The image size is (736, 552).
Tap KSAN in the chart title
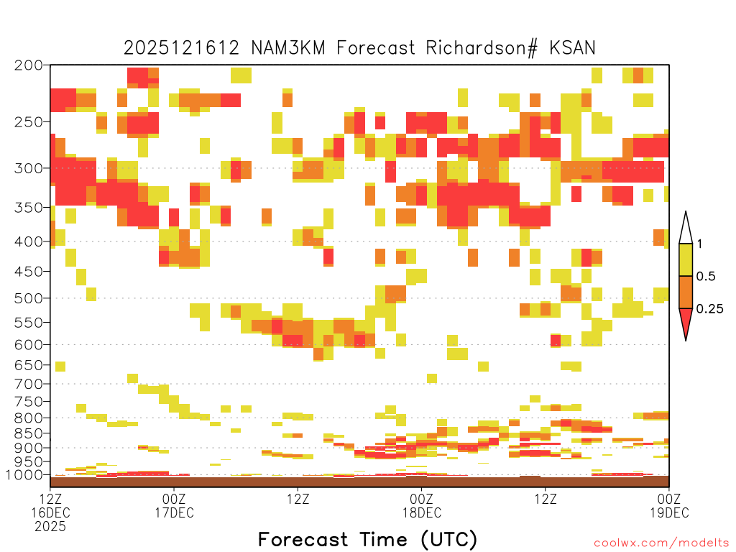point(572,48)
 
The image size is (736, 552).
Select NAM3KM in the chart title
point(288,48)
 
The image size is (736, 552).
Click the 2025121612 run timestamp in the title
point(182,48)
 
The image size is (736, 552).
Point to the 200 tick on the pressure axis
point(29,65)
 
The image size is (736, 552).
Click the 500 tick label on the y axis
point(29,298)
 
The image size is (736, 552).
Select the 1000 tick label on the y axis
point(24,475)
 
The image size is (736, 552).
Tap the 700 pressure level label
point(29,384)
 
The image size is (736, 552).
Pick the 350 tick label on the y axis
point(29,208)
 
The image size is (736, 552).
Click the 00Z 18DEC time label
point(421,505)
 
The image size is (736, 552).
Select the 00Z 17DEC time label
point(174,505)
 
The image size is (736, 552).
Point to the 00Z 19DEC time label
point(669,505)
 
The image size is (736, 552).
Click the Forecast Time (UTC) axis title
point(367,539)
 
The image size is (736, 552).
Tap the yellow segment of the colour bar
point(686,259)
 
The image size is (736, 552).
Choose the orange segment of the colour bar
point(686,292)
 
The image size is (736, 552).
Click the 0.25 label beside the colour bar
point(709,308)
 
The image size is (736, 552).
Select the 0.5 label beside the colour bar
point(706,276)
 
